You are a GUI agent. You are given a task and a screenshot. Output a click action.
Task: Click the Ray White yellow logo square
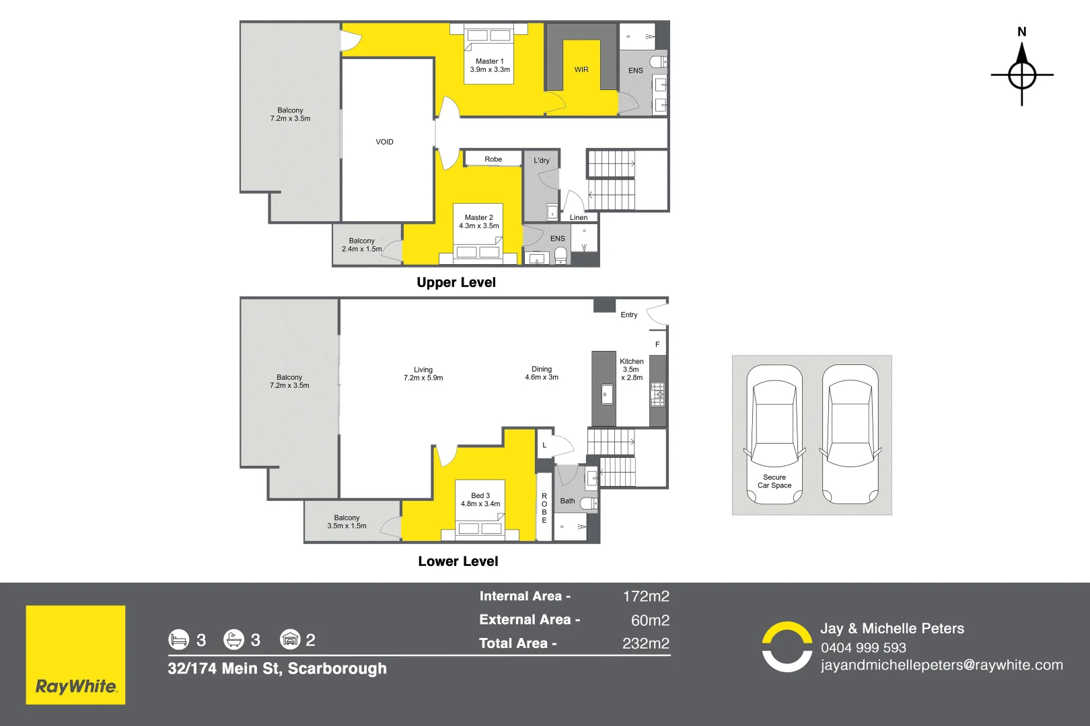pos(75,655)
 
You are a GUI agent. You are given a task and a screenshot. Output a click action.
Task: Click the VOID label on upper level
pos(384,142)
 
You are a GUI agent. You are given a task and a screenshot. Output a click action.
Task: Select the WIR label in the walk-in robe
pos(581,70)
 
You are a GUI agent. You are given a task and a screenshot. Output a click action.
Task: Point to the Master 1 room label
pos(489,65)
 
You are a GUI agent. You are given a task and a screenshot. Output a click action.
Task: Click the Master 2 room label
pos(478,222)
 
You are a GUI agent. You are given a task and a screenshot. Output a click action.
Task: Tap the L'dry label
pos(541,161)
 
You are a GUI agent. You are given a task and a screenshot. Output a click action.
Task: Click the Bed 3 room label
pos(480,499)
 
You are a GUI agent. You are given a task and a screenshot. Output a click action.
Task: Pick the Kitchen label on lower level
pos(631,369)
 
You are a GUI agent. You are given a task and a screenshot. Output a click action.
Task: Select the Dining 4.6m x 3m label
pos(541,373)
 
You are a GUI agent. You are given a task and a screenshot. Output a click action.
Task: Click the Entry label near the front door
pos(628,315)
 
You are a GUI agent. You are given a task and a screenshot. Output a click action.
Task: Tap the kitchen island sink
pos(607,395)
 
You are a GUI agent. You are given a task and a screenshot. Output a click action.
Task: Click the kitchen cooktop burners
pos(657,395)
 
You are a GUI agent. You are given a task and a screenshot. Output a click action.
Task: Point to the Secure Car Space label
pos(774,481)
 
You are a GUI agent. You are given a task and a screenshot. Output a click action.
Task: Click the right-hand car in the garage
pos(850,435)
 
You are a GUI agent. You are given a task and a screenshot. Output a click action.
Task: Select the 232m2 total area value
pos(645,643)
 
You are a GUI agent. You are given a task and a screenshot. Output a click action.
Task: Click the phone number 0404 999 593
pos(863,647)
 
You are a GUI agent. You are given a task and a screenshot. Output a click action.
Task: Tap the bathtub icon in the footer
pos(233,639)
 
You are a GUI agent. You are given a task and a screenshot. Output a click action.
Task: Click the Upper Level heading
pos(456,282)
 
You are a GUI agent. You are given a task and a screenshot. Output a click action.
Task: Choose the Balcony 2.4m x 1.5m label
pos(361,245)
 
